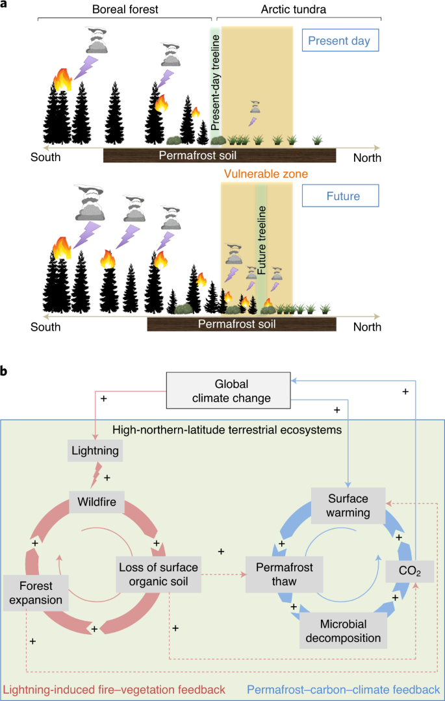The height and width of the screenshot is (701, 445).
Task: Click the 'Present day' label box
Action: [339, 41]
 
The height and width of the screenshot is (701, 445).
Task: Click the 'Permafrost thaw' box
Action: [280, 574]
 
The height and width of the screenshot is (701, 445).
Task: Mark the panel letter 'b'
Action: [5, 371]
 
